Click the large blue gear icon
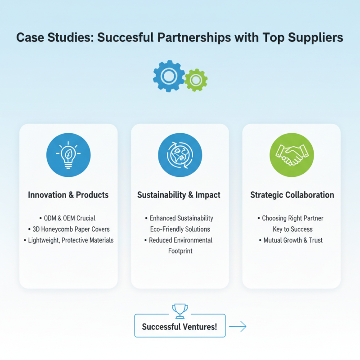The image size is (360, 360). click(x=169, y=76)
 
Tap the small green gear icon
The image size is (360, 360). click(x=196, y=80)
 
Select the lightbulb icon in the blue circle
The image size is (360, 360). click(x=68, y=155)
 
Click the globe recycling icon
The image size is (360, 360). click(x=180, y=155)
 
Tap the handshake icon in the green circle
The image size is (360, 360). click(x=292, y=155)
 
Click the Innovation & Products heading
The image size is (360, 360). click(x=68, y=195)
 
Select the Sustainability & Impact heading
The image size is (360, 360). click(x=179, y=195)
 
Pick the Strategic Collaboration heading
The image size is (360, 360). click(x=292, y=195)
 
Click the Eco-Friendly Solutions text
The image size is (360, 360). click(x=180, y=229)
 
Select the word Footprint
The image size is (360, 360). click(x=180, y=251)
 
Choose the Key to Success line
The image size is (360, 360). click(x=293, y=229)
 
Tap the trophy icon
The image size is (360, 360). click(x=180, y=311)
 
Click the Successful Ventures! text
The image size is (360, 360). click(x=180, y=327)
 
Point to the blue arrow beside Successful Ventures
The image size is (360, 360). click(x=238, y=326)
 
